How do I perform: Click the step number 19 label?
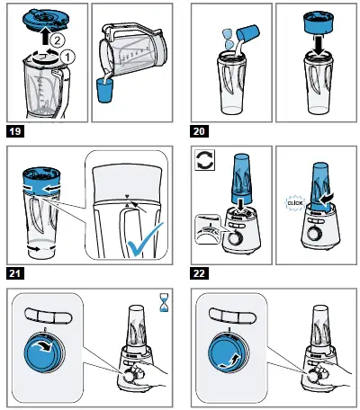15,131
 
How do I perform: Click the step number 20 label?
199,131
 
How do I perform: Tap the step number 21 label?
15,273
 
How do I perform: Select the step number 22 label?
199,273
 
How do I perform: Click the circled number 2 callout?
57,40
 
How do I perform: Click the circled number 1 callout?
67,57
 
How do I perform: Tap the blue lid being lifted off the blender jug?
44,19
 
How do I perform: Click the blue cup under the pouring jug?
104,91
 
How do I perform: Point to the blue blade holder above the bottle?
319,23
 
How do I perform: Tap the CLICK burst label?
295,203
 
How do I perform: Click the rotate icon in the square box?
205,160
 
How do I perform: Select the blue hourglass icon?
164,303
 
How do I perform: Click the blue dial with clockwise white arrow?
44,351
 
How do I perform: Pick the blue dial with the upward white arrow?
229,351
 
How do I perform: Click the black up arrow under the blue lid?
44,37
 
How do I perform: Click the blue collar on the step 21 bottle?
41,183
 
